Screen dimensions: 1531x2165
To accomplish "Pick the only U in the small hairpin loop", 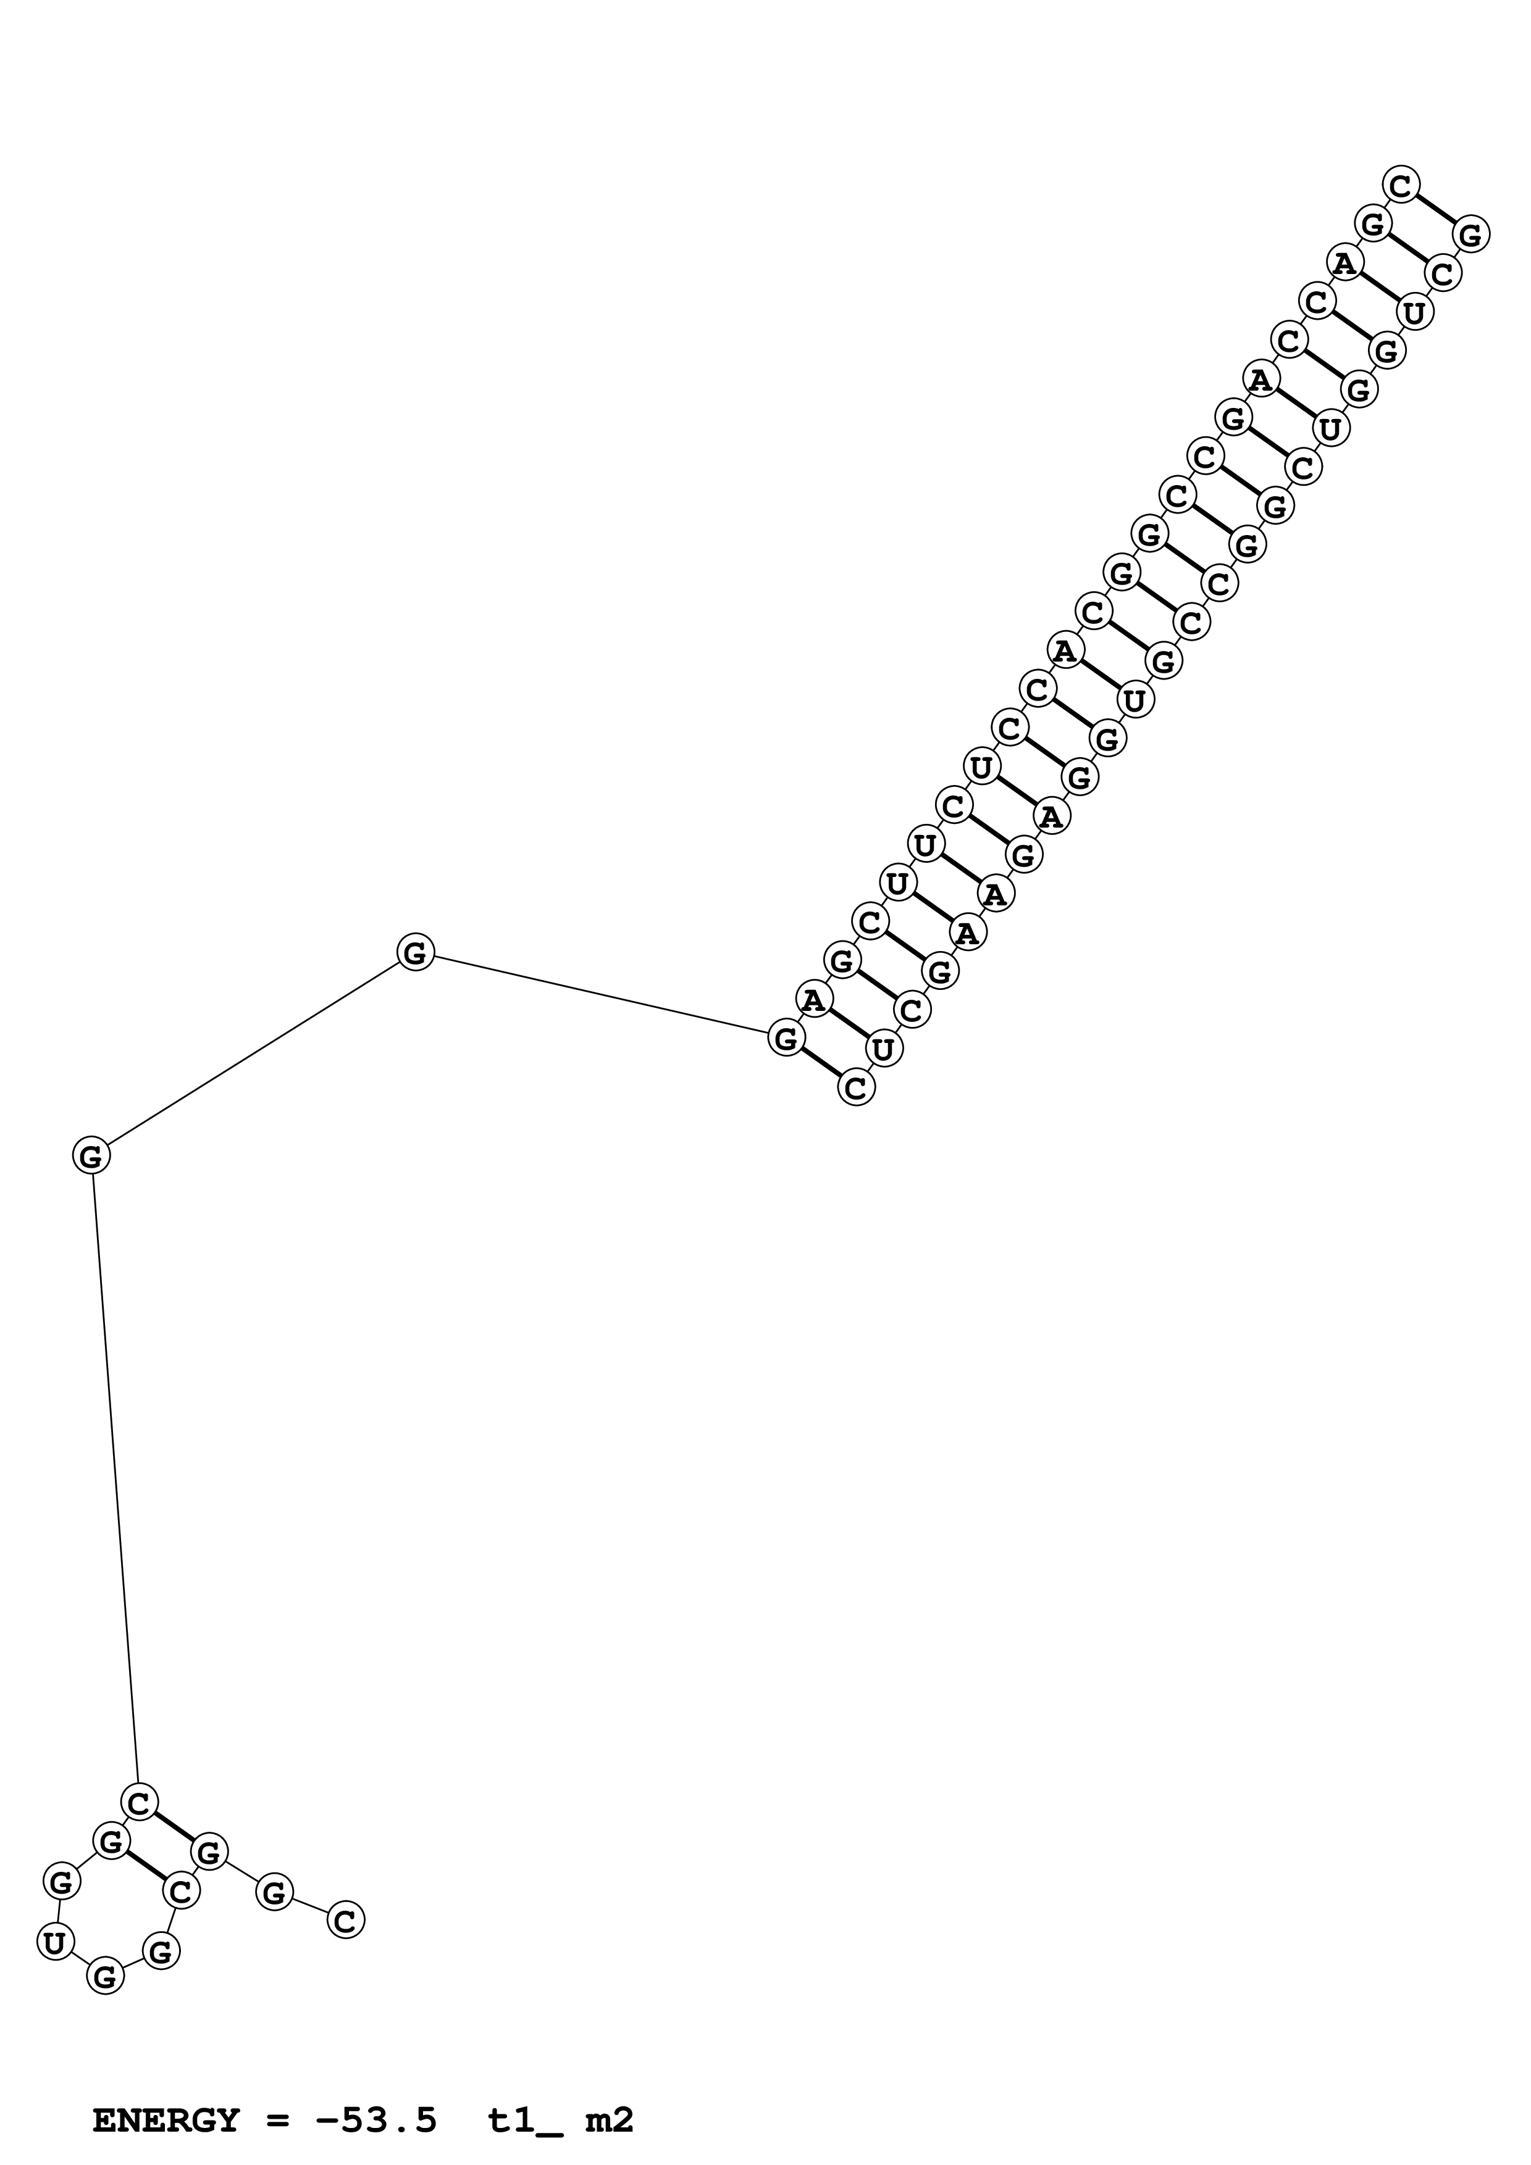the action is coord(55,1942).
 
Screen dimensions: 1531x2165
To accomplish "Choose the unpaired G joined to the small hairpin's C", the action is coord(91,1155).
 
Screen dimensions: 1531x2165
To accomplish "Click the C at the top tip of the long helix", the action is coord(1401,185).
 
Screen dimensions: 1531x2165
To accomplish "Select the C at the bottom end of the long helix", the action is coord(855,1087).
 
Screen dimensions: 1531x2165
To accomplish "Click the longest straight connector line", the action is coord(115,1481).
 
